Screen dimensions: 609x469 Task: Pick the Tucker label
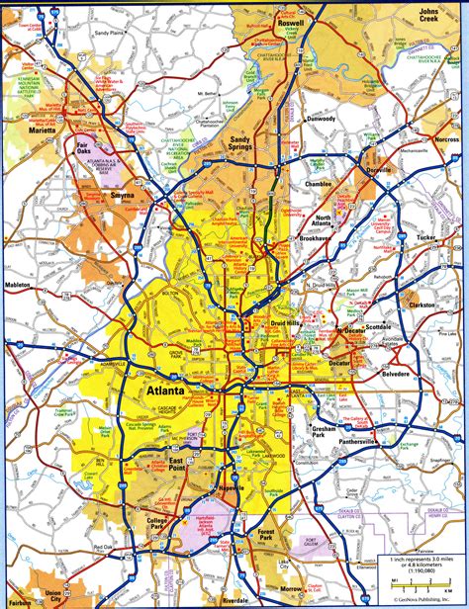pos(424,238)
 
